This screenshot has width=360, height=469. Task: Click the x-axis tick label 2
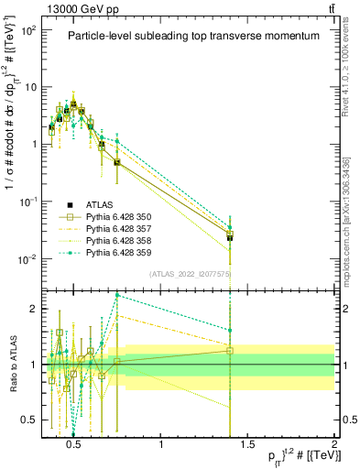[333, 442]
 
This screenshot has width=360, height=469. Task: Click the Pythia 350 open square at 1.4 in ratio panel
[230, 350]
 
